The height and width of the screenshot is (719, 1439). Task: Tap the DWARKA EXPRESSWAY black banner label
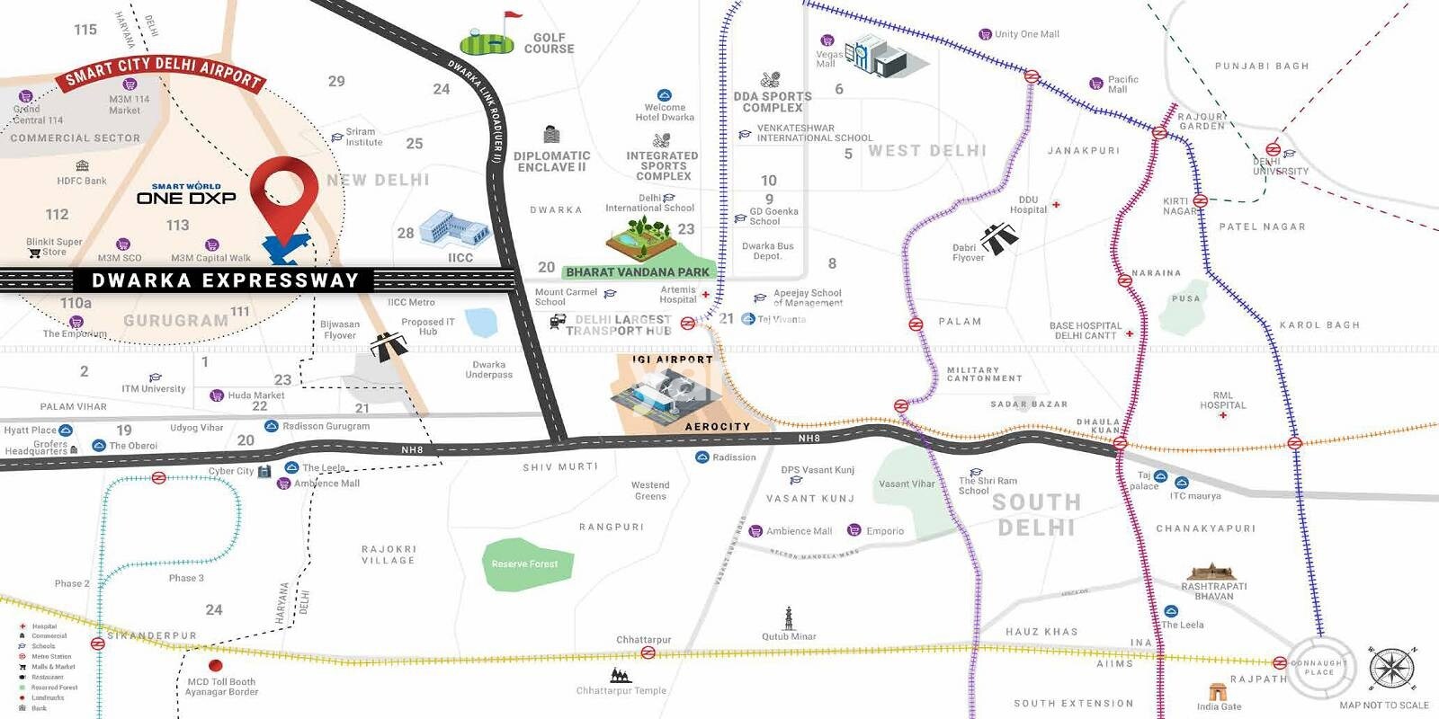point(225,280)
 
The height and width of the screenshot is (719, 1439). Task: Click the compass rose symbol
point(1391,669)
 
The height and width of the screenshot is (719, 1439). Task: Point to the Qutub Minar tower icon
point(789,618)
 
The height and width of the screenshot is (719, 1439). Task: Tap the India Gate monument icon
point(1218,691)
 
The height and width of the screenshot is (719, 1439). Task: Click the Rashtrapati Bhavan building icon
point(1211,573)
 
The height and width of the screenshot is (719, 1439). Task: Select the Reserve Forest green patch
point(525,564)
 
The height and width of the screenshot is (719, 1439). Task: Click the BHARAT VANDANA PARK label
point(637,271)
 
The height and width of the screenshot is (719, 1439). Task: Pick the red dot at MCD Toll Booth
point(215,666)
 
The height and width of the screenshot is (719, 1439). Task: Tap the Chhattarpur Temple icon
point(620,675)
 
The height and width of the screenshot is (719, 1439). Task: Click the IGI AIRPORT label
point(672,359)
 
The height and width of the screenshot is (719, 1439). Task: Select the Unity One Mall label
point(1026,34)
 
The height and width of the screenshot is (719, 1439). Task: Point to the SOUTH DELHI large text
point(1036,514)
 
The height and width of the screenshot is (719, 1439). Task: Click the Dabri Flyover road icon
point(999,238)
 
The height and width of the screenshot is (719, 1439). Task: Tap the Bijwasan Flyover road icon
point(388,346)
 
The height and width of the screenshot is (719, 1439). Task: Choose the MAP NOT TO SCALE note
point(1383,706)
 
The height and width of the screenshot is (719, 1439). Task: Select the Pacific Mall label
point(1122,84)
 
